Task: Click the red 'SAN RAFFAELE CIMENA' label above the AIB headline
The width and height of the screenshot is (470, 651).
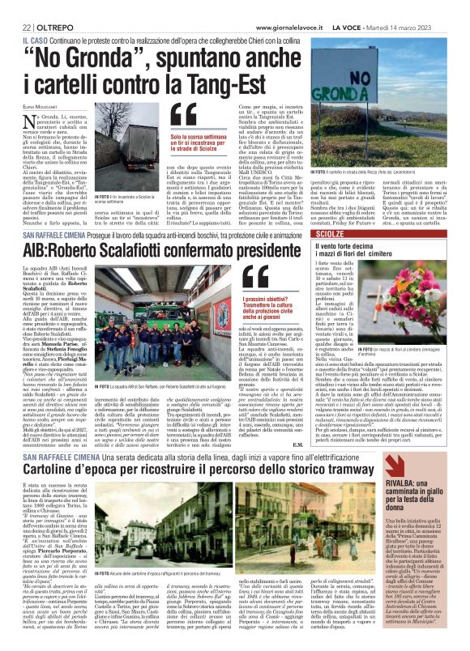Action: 45,237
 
